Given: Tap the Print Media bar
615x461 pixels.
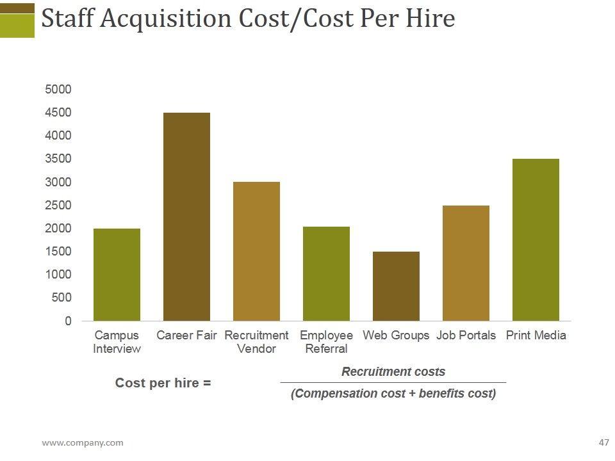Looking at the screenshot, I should (x=536, y=239).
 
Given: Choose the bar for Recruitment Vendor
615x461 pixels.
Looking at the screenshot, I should (x=256, y=251).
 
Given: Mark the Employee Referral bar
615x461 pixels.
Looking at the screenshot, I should (x=326, y=273).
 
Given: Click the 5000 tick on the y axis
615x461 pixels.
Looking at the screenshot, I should (x=58, y=90).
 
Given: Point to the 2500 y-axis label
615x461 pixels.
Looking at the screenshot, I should (x=58, y=206).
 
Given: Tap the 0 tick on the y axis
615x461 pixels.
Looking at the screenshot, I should (x=68, y=321).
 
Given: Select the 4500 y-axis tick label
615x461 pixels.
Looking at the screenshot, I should (x=58, y=113).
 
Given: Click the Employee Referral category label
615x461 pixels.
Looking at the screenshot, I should (x=326, y=342).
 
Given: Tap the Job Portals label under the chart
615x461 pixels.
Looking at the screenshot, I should (x=466, y=336).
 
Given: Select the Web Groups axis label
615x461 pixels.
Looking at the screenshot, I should (x=396, y=336).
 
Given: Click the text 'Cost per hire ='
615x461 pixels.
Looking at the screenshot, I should (x=163, y=383).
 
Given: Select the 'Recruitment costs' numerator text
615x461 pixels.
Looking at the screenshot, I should (x=393, y=372).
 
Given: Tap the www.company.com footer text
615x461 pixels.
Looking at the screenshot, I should (x=83, y=442).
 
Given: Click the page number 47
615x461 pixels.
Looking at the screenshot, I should (x=603, y=442).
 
